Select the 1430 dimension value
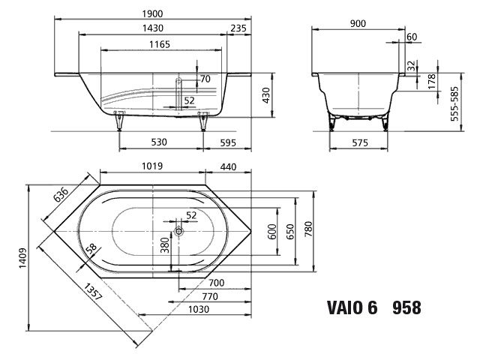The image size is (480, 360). click(x=154, y=28)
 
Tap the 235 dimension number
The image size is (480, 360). click(x=238, y=28)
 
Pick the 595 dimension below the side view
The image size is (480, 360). click(x=237, y=142)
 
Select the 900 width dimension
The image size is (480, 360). click(x=357, y=23)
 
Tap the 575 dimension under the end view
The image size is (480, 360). click(x=358, y=142)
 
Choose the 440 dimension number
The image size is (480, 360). click(x=228, y=165)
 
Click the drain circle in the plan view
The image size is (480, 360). click(x=179, y=232)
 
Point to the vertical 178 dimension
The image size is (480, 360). click(x=432, y=82)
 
